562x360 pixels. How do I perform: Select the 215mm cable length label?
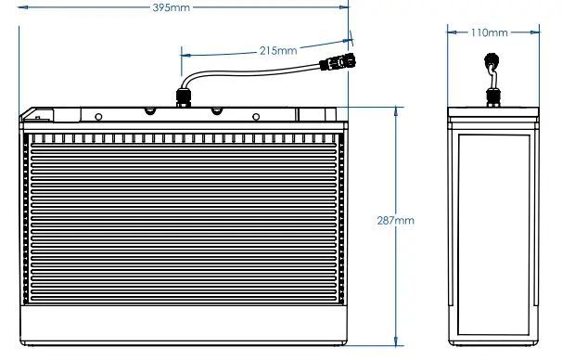[277, 49]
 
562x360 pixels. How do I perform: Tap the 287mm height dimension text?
[397, 221]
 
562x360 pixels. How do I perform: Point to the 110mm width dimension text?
[490, 32]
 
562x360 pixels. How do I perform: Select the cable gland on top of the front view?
[184, 96]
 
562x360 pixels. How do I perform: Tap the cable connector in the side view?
[492, 62]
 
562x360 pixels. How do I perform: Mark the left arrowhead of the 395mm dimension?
[22, 8]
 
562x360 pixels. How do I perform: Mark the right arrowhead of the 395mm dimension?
[344, 8]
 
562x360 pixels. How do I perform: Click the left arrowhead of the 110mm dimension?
[451, 32]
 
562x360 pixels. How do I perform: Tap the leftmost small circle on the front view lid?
[96, 117]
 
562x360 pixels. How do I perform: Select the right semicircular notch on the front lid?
[216, 109]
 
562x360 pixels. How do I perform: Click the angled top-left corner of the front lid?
[28, 109]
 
